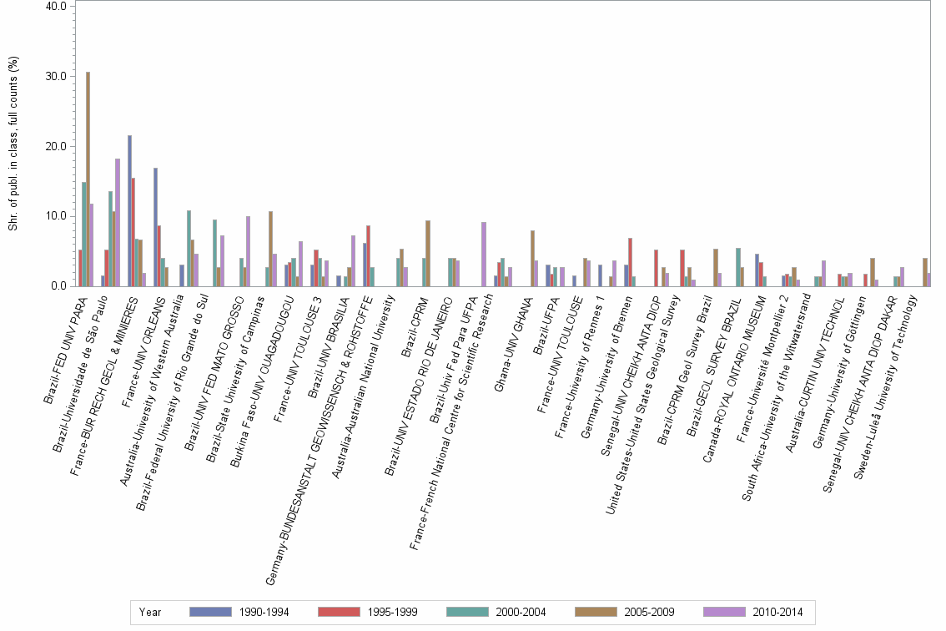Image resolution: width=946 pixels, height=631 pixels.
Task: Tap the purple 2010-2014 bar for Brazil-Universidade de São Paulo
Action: coord(118,222)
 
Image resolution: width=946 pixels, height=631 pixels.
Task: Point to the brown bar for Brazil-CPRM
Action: coord(428,253)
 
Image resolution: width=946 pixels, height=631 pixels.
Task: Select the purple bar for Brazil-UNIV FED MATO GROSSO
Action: coord(249,251)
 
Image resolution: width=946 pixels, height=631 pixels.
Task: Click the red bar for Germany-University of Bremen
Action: coord(631,262)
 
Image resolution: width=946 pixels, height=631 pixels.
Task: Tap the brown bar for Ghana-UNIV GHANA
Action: coord(532,258)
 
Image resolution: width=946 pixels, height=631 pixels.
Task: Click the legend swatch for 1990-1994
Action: coord(210,612)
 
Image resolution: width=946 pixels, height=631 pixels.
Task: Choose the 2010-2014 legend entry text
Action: coord(777,612)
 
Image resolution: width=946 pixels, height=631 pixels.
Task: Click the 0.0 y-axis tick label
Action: coord(58,286)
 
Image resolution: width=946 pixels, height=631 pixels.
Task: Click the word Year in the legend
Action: coord(150,612)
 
